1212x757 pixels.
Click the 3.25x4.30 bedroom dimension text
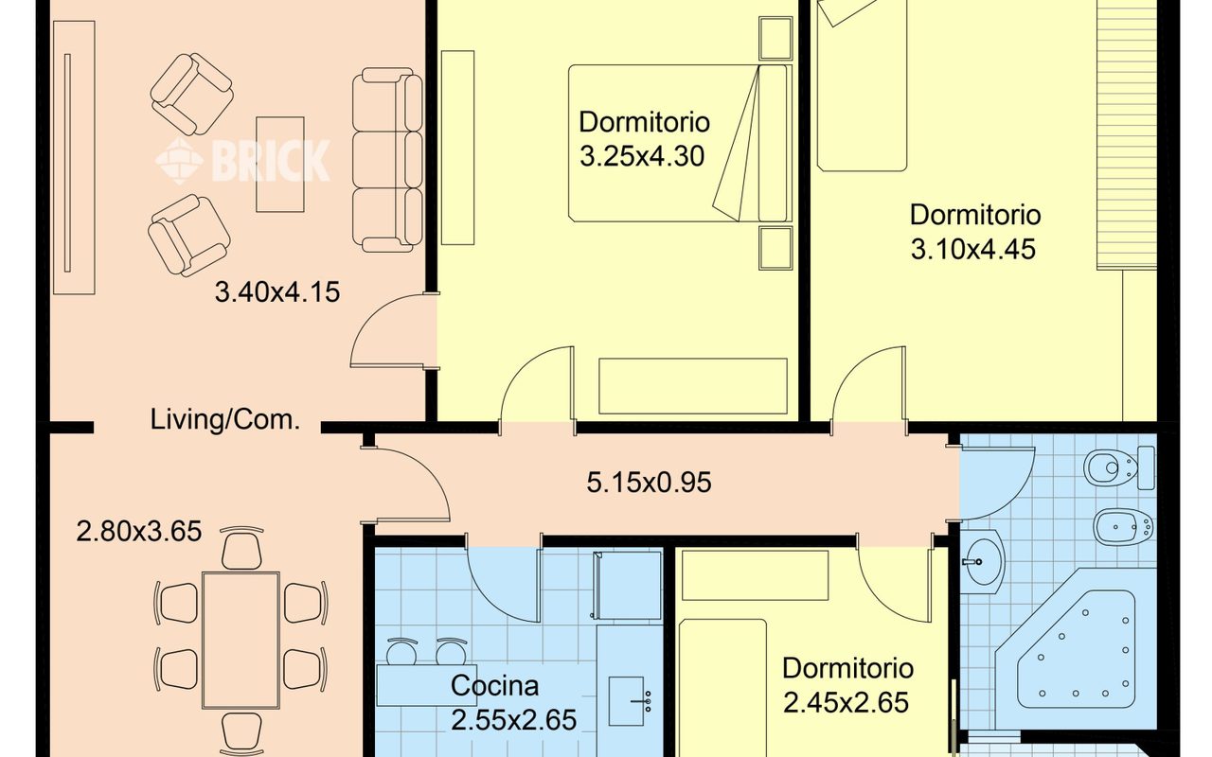click(642, 157)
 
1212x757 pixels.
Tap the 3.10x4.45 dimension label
click(973, 250)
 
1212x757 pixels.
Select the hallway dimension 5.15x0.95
click(649, 483)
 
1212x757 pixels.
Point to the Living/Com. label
click(224, 420)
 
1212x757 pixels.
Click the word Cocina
click(494, 686)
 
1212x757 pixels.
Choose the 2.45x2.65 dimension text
click(846, 703)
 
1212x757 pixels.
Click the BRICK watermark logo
click(243, 160)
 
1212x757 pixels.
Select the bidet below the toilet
click(1123, 527)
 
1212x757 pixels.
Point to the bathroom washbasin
click(983, 562)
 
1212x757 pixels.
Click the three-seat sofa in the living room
click(387, 160)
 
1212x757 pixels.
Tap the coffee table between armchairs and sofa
click(280, 164)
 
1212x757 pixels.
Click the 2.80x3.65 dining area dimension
click(139, 532)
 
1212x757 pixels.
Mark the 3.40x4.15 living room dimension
click(277, 292)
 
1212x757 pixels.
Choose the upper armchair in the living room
click(192, 94)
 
